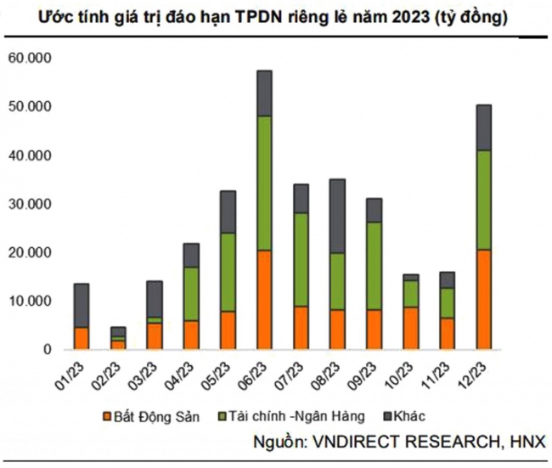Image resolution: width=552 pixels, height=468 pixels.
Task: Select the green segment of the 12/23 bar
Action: (x=482, y=200)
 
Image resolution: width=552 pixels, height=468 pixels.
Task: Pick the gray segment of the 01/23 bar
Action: (x=82, y=305)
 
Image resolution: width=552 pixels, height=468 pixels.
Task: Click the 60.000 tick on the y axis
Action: (x=31, y=59)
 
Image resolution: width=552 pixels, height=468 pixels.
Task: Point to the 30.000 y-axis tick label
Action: (x=31, y=205)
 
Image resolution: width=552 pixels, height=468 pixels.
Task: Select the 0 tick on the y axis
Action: (x=48, y=350)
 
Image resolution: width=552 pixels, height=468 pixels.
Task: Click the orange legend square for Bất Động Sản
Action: (x=107, y=416)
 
